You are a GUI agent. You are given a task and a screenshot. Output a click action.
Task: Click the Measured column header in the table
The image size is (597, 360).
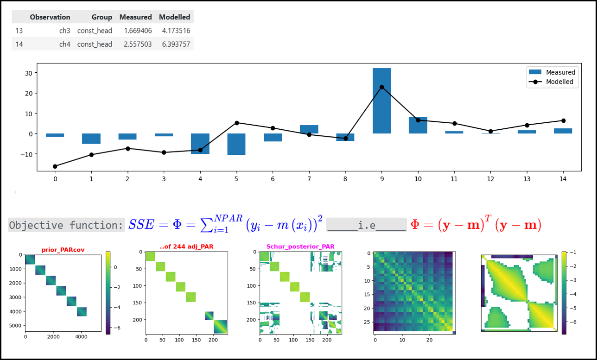tap(135, 17)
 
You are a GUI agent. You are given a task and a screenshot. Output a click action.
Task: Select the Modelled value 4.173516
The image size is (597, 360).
tap(176, 31)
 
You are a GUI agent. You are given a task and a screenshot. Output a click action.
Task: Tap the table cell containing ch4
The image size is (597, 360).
tap(64, 44)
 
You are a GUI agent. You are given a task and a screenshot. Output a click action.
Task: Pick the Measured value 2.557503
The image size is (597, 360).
tap(138, 44)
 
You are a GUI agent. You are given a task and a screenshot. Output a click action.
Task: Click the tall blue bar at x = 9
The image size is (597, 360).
tap(381, 101)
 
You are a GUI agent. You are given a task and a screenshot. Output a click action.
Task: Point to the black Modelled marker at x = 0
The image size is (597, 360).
tap(55, 166)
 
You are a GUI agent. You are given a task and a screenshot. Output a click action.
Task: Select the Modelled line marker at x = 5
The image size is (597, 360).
tap(237, 123)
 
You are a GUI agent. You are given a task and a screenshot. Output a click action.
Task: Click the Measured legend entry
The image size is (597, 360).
tap(552, 72)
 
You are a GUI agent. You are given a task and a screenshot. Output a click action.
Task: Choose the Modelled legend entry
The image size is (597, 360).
tap(551, 82)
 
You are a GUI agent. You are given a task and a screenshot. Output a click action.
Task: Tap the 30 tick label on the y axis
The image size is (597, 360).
tap(29, 73)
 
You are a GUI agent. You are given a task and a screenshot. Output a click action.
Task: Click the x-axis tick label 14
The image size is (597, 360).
tap(563, 179)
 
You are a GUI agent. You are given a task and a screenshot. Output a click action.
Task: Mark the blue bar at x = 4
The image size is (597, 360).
tap(200, 144)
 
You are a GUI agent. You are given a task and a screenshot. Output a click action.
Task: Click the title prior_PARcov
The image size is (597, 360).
tap(63, 250)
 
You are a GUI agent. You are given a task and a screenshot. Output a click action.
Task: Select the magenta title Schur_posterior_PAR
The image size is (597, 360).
tap(300, 247)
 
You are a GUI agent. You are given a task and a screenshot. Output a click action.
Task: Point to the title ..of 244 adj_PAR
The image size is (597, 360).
tap(186, 247)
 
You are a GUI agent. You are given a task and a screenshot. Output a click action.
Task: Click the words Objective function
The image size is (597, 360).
tap(66, 225)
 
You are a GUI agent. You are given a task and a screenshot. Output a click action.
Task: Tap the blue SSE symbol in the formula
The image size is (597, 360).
tap(141, 225)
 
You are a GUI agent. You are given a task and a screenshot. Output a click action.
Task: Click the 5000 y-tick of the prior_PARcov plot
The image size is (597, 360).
tap(15, 326)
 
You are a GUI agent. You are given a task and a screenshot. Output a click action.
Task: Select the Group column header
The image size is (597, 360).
tap(102, 17)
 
